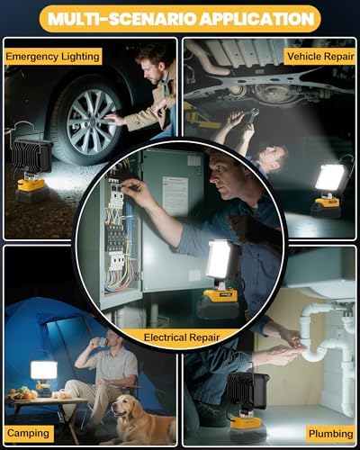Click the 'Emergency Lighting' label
click(51, 56)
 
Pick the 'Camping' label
click(28, 434)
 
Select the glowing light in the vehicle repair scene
click(330, 178)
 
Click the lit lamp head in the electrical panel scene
click(220, 260)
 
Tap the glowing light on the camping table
click(42, 370)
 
